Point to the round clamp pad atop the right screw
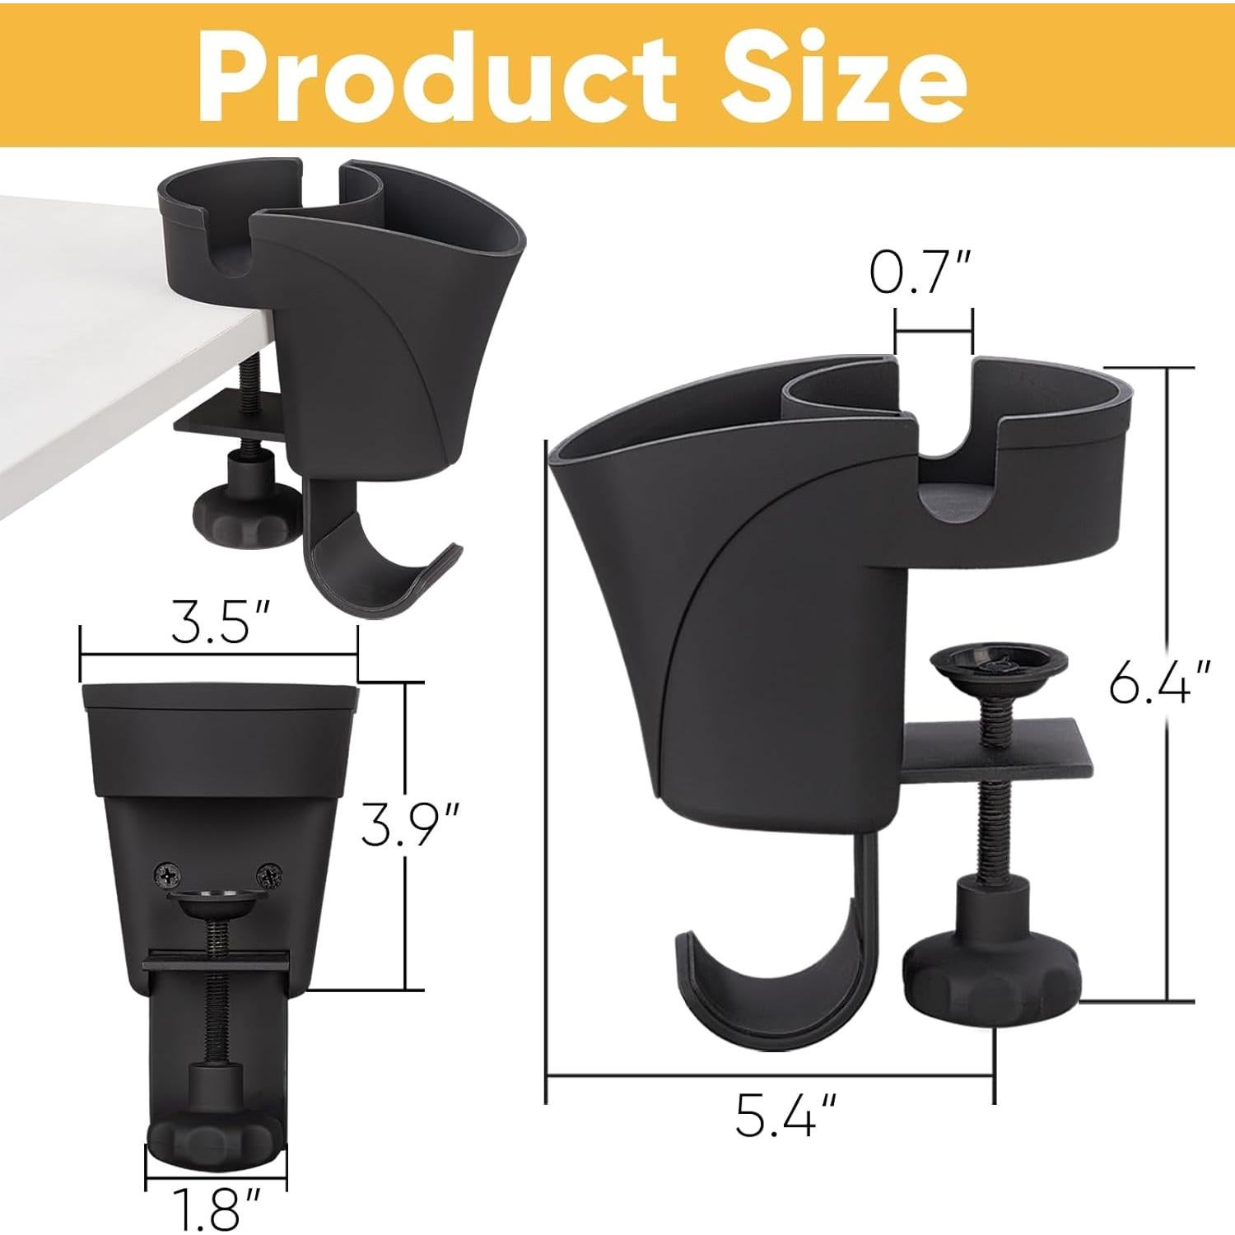click(x=999, y=664)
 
